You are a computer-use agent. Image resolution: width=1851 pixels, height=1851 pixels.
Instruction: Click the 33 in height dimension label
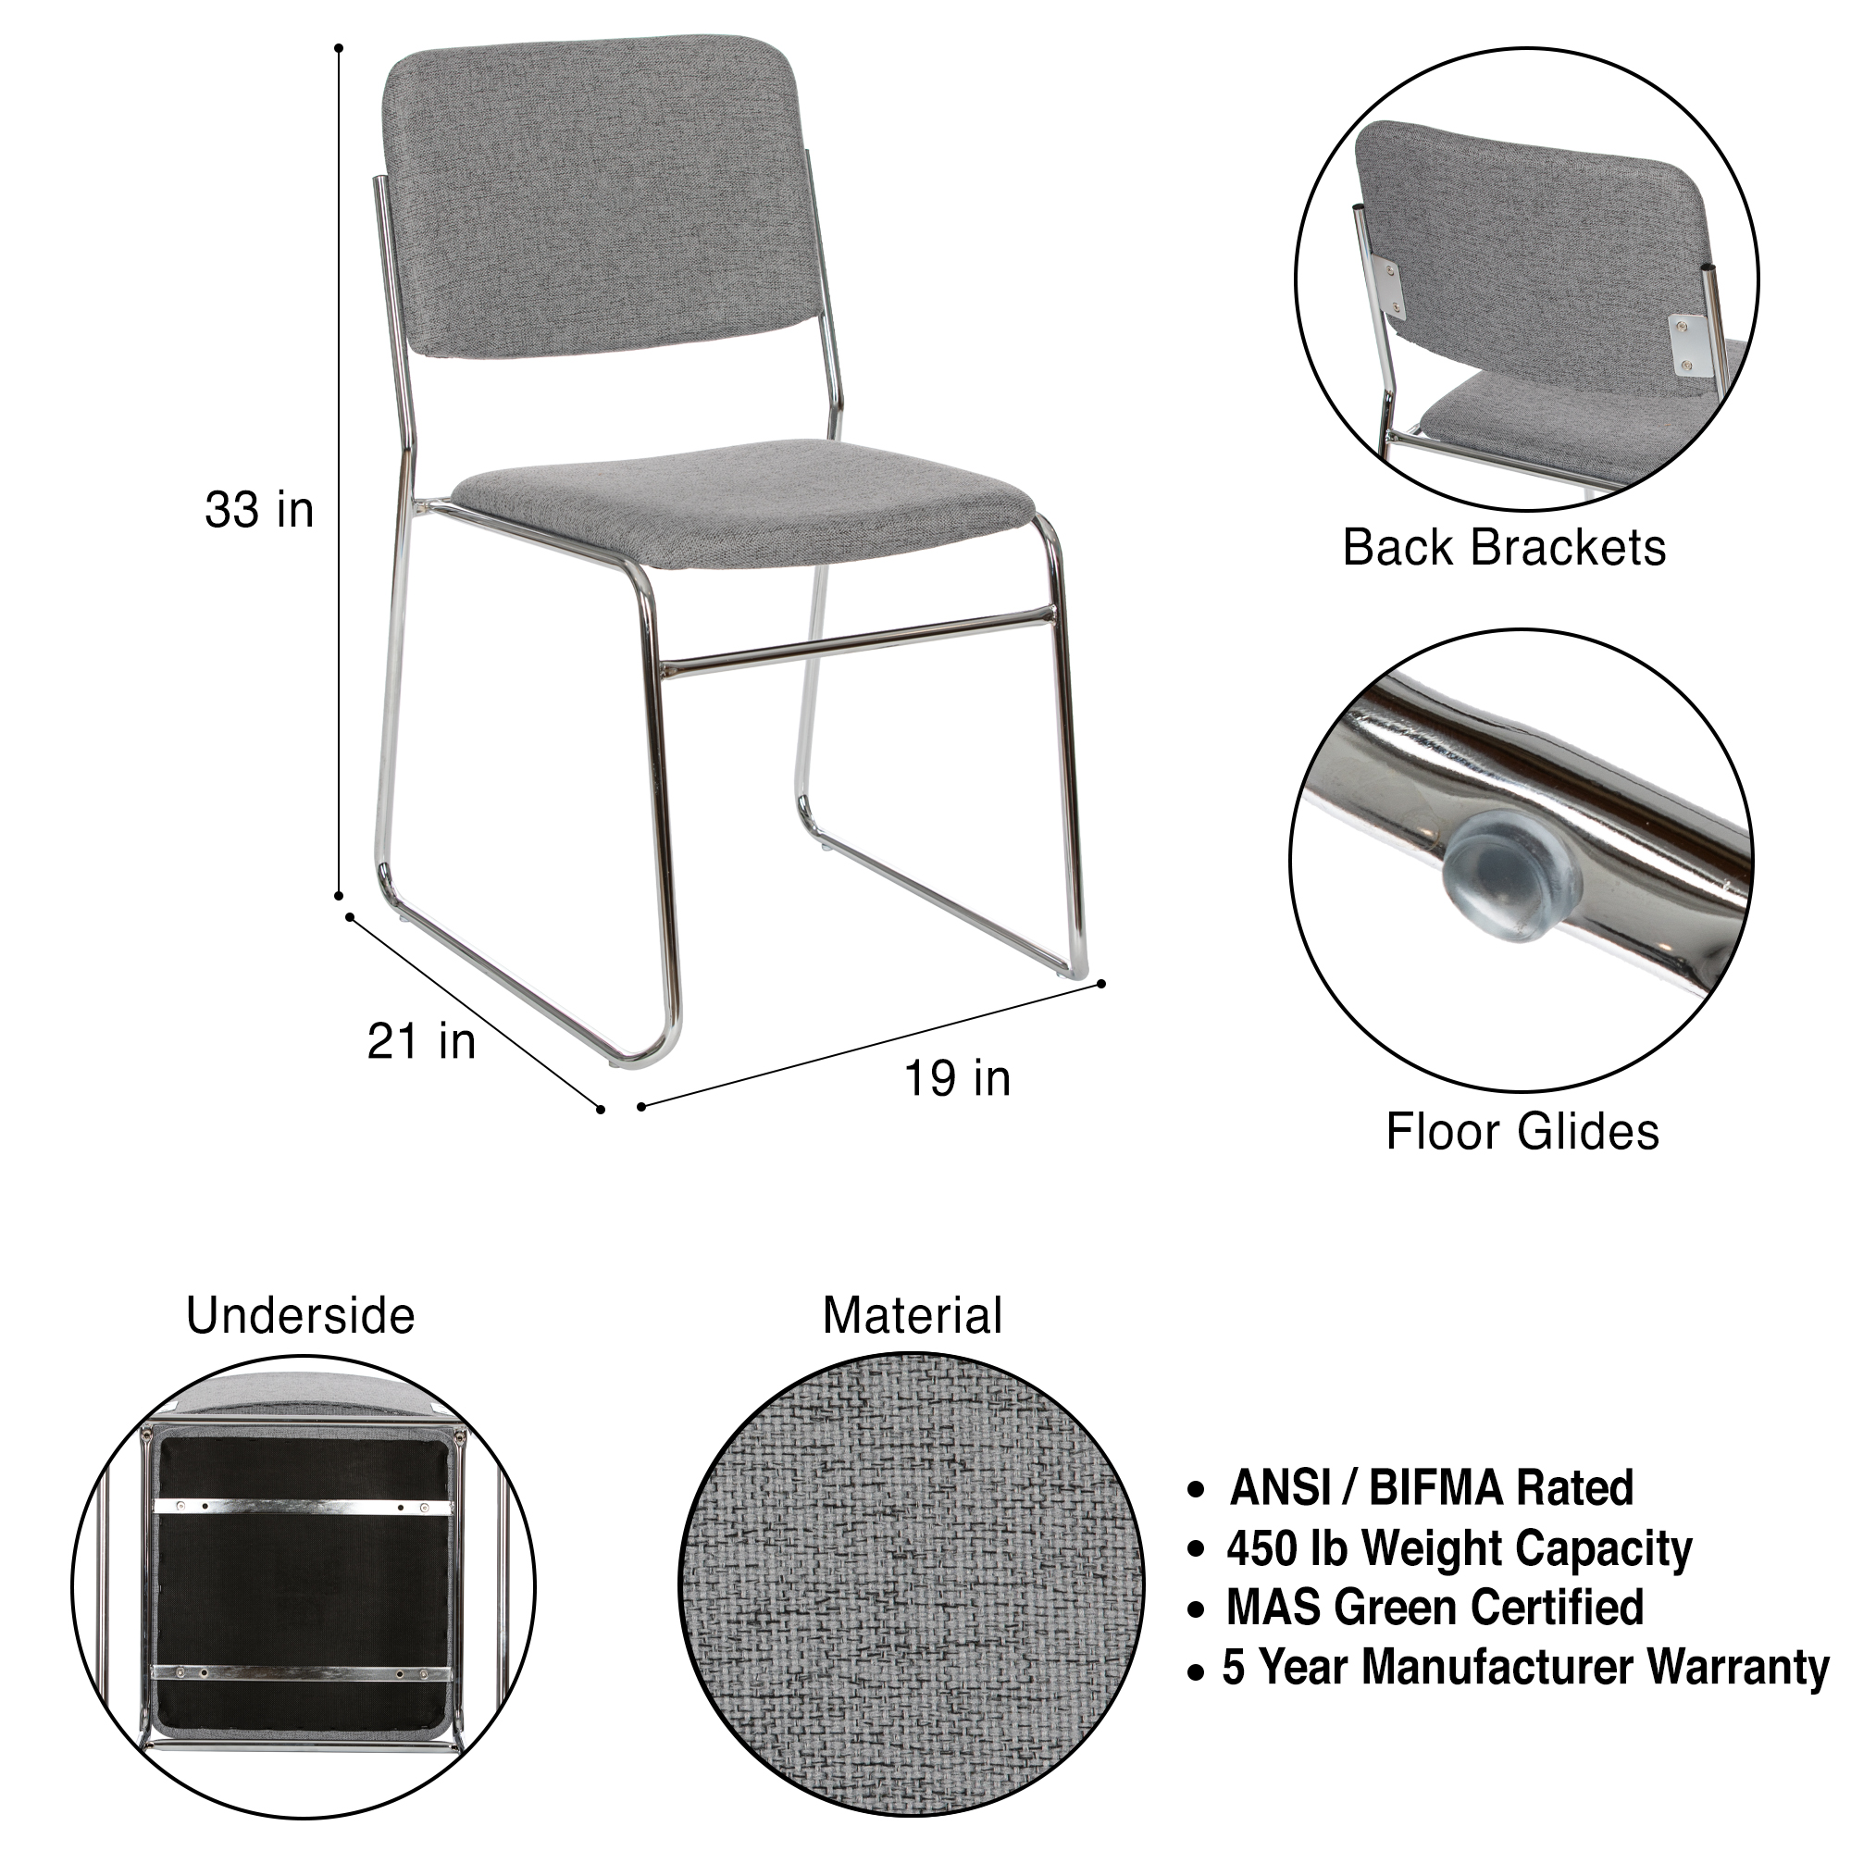259,511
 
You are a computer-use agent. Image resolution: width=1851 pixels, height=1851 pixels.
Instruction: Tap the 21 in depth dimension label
420,1041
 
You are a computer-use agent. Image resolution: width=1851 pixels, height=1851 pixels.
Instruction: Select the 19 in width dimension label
957,1079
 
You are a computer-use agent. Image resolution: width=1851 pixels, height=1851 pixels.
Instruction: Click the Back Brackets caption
1503,548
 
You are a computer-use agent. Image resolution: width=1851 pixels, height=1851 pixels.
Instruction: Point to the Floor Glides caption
1522,1132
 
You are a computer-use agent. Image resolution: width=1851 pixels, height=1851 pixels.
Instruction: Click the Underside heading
300,1315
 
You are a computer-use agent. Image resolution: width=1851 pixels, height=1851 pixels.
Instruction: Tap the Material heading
913,1315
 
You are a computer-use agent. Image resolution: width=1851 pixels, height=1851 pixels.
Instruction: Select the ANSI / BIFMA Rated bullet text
1432,1488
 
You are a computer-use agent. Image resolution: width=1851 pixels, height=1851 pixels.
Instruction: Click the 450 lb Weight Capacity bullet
1459,1549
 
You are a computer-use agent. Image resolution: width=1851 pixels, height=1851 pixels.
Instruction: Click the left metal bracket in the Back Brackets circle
1387,287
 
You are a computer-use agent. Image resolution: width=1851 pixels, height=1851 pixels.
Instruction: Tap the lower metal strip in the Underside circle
302,1675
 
